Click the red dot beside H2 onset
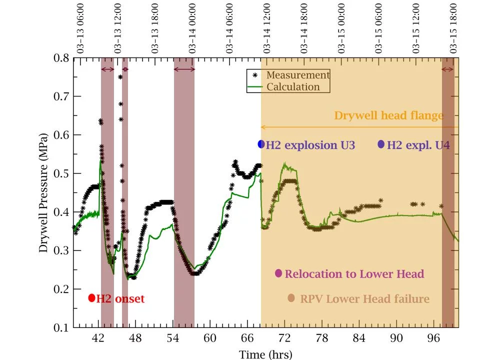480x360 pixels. point(91,298)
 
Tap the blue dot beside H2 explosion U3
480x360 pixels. point(261,144)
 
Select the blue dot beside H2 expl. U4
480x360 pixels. point(381,144)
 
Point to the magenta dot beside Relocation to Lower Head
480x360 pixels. point(278,273)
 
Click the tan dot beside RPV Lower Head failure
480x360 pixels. point(291,298)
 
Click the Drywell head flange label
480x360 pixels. point(388,116)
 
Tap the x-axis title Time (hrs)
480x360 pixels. point(265,354)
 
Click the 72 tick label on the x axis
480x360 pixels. point(284,338)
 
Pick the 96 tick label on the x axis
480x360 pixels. point(433,338)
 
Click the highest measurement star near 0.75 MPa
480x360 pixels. point(120,77)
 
